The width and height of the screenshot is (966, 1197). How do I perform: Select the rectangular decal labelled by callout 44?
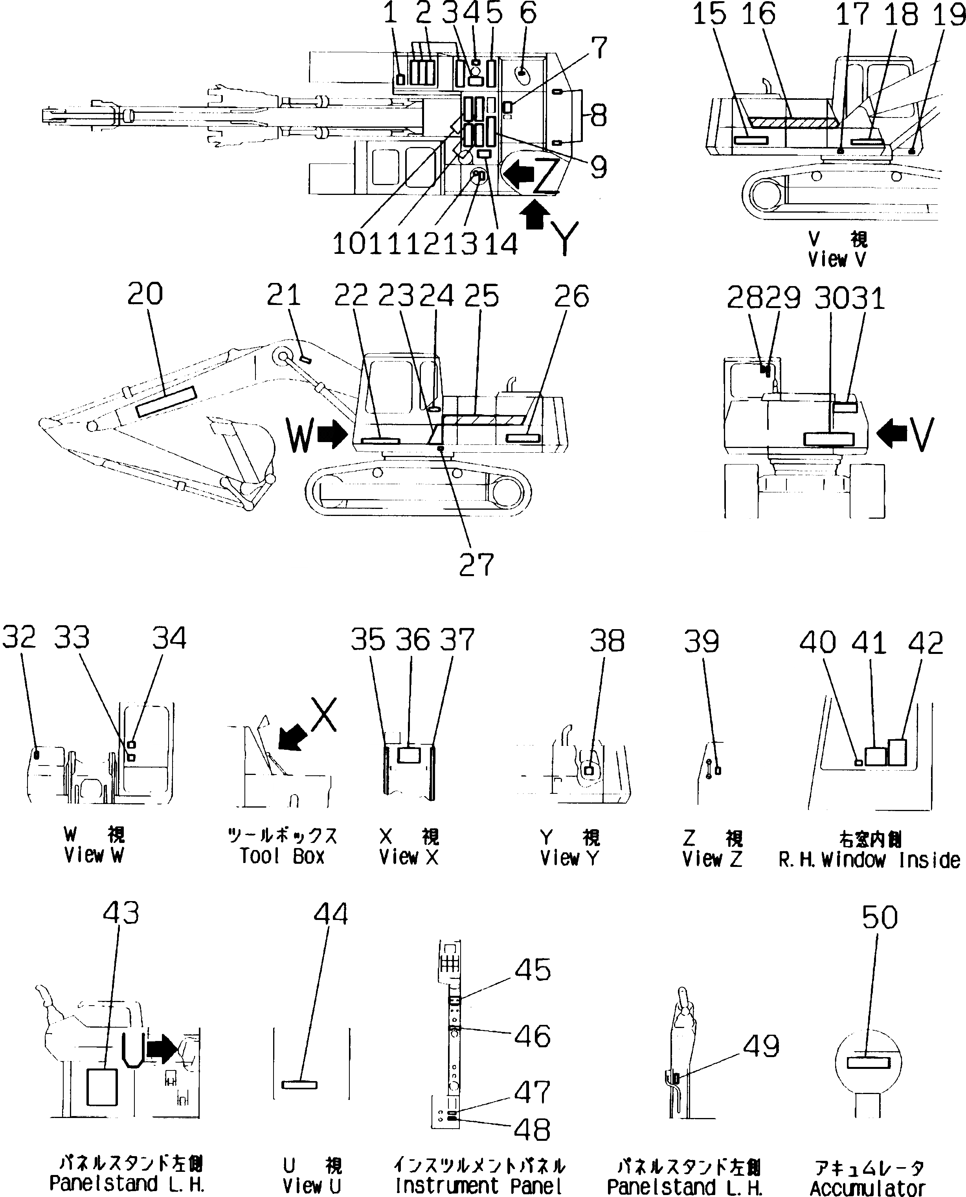[299, 1085]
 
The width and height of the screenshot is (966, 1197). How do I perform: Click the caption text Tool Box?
[281, 856]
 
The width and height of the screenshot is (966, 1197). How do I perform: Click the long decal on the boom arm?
[166, 402]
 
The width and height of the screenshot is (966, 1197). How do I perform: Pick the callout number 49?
[761, 1046]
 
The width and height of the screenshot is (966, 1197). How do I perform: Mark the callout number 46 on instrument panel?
[532, 1036]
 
